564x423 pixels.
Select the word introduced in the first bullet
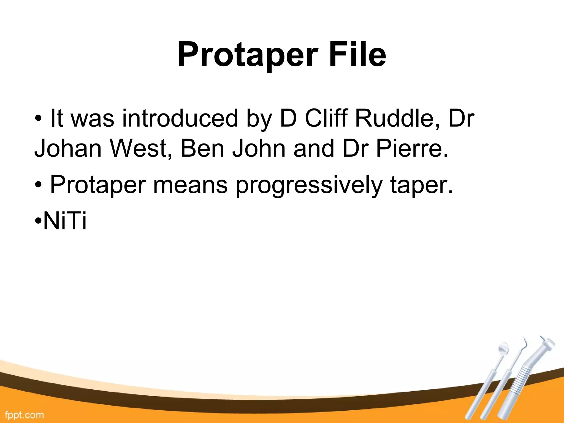180,118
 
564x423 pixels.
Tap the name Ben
202,149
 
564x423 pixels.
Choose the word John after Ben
259,149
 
